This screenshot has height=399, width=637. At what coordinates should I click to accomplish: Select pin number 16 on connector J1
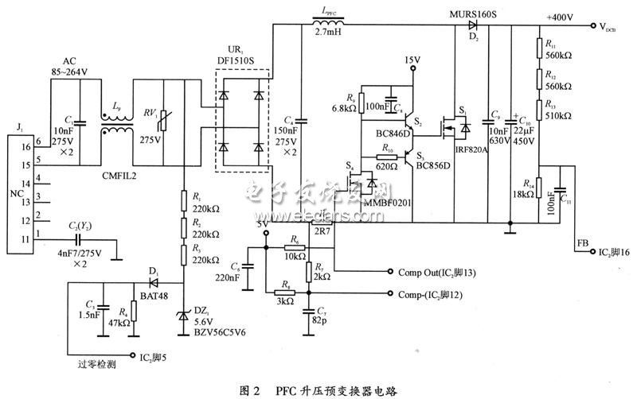pos(26,147)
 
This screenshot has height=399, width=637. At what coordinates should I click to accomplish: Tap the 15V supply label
pos(412,60)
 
